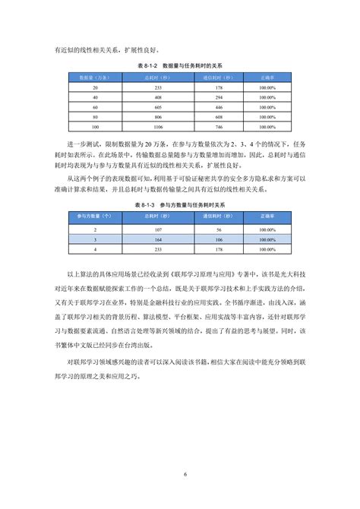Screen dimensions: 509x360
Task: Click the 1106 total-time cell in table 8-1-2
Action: point(157,126)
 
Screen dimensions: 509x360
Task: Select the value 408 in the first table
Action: point(157,97)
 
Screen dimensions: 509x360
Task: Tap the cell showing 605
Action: point(157,107)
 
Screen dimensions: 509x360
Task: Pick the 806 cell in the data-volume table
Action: point(157,116)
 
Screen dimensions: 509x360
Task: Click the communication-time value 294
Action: point(218,97)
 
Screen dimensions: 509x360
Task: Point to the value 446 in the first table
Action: point(218,107)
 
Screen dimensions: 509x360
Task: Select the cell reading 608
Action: point(218,116)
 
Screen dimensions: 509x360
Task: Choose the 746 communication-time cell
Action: point(218,126)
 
